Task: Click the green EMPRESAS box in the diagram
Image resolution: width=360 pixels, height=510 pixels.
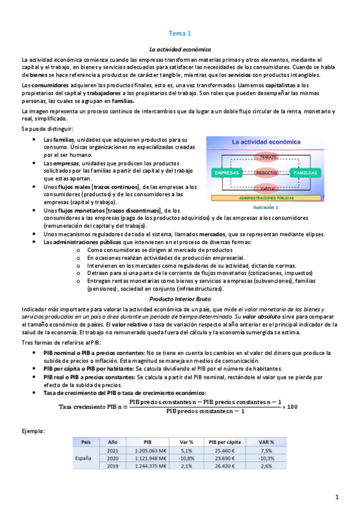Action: tap(226, 173)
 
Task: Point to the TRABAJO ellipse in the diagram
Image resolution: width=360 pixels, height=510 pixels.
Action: tap(265, 157)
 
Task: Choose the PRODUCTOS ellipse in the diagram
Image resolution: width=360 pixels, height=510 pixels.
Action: tap(266, 173)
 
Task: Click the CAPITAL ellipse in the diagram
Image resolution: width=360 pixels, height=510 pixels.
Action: tap(266, 188)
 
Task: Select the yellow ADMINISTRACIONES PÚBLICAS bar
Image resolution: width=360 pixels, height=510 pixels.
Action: tap(266, 198)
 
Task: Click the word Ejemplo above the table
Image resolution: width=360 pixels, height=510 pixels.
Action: tap(32, 431)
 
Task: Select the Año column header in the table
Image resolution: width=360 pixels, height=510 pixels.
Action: tap(112, 441)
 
